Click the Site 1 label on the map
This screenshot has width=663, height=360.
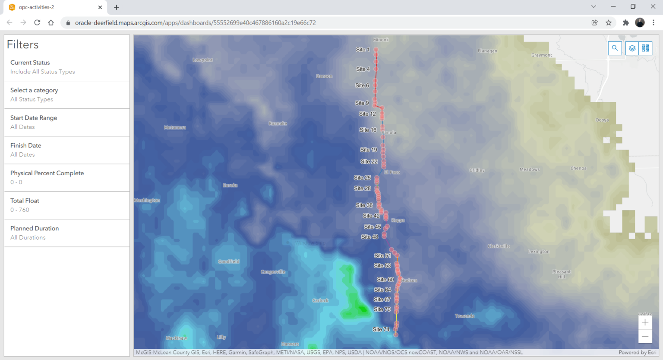click(x=363, y=50)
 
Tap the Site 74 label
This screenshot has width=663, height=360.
click(x=381, y=329)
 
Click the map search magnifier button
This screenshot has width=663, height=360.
click(x=615, y=48)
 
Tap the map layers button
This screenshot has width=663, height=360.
click(x=632, y=48)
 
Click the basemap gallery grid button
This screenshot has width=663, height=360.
click(x=645, y=48)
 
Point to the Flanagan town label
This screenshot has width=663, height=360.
click(x=487, y=51)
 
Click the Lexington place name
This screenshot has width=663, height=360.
click(x=539, y=252)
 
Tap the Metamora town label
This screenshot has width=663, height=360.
click(x=175, y=127)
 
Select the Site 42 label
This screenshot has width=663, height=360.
click(x=371, y=216)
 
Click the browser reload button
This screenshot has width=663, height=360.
click(x=37, y=22)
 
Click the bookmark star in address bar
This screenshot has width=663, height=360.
click(x=609, y=22)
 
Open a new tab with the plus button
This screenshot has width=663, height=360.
click(x=117, y=7)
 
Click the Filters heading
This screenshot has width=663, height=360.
click(x=23, y=44)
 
